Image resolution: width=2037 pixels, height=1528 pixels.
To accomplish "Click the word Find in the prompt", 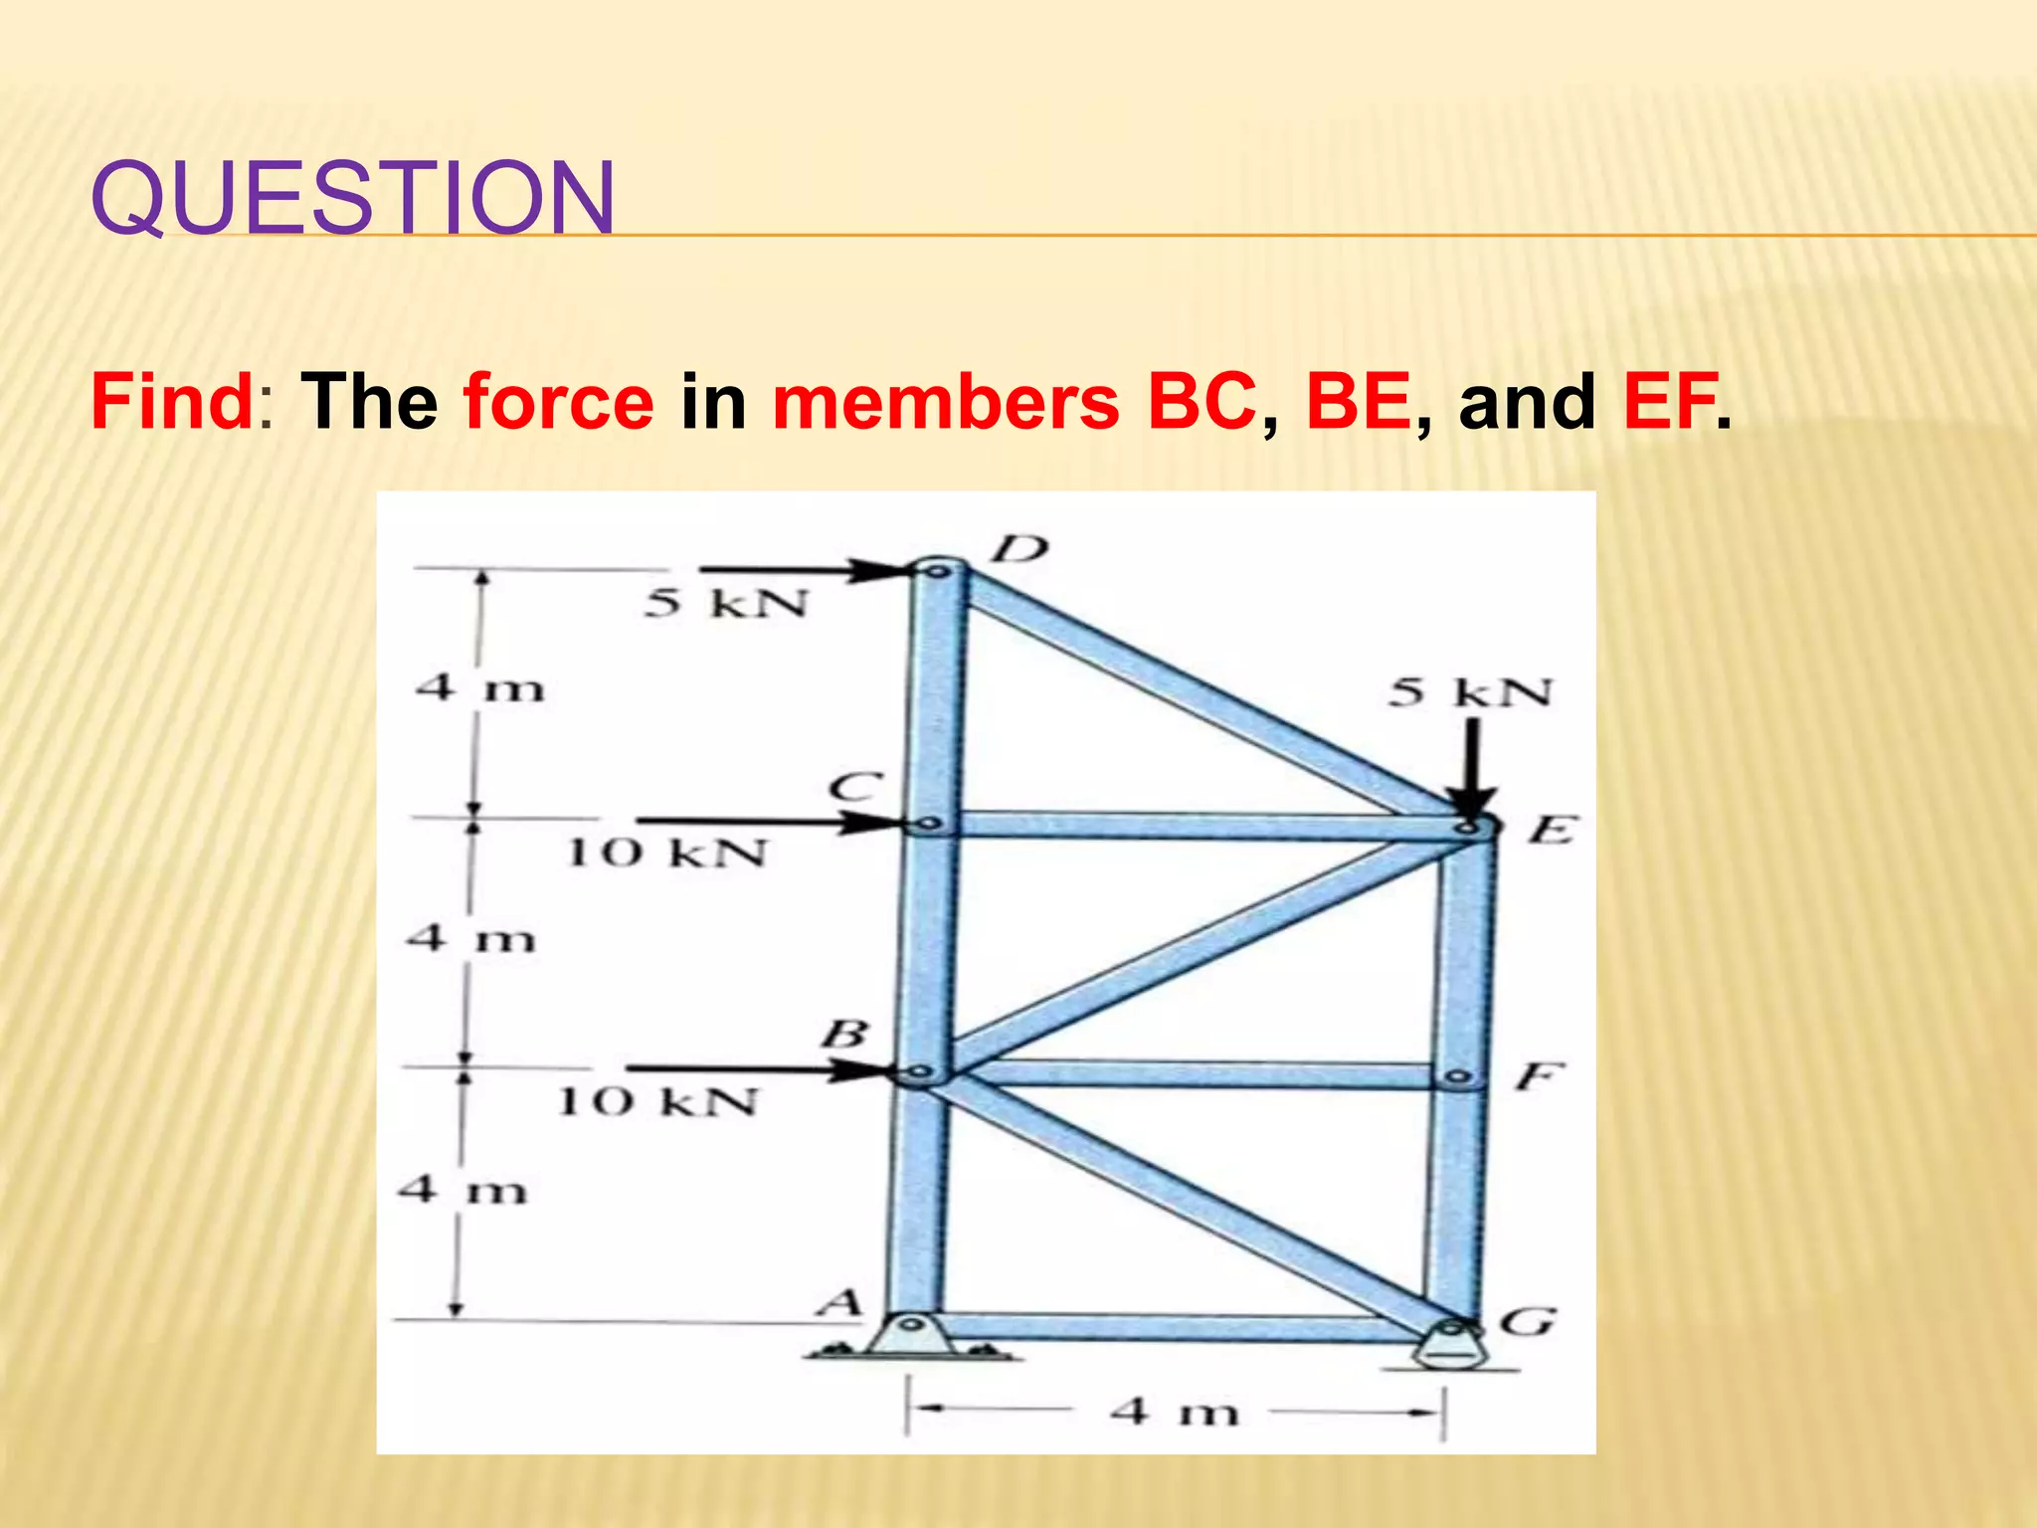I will [x=172, y=402].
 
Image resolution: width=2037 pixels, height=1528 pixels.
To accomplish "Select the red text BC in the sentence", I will [x=1201, y=402].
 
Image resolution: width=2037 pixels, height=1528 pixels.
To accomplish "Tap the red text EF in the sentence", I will [x=1669, y=402].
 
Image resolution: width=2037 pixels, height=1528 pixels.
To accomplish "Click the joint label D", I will [x=1021, y=548].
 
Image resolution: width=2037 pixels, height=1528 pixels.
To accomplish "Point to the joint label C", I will [x=855, y=787].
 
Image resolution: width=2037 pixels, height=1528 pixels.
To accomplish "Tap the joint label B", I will [x=844, y=1035].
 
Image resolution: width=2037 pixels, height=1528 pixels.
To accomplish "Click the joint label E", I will [x=1552, y=829].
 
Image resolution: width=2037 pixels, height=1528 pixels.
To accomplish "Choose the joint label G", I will [x=1528, y=1322].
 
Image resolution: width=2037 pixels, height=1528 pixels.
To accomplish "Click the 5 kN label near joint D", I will [x=726, y=603].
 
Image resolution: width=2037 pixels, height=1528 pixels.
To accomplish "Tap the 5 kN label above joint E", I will [x=1470, y=692].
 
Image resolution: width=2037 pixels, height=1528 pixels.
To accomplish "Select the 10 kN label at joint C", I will [x=667, y=853].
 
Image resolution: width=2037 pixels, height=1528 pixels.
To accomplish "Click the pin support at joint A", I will [x=910, y=1335].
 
